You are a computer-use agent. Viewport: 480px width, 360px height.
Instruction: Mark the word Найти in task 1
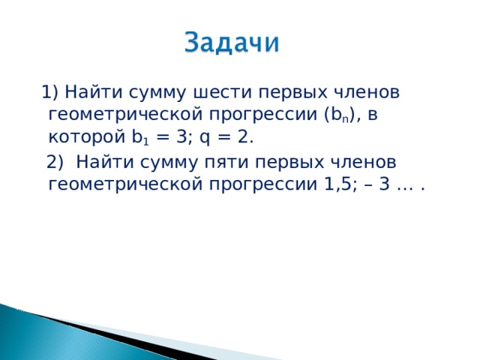pos(89,93)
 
